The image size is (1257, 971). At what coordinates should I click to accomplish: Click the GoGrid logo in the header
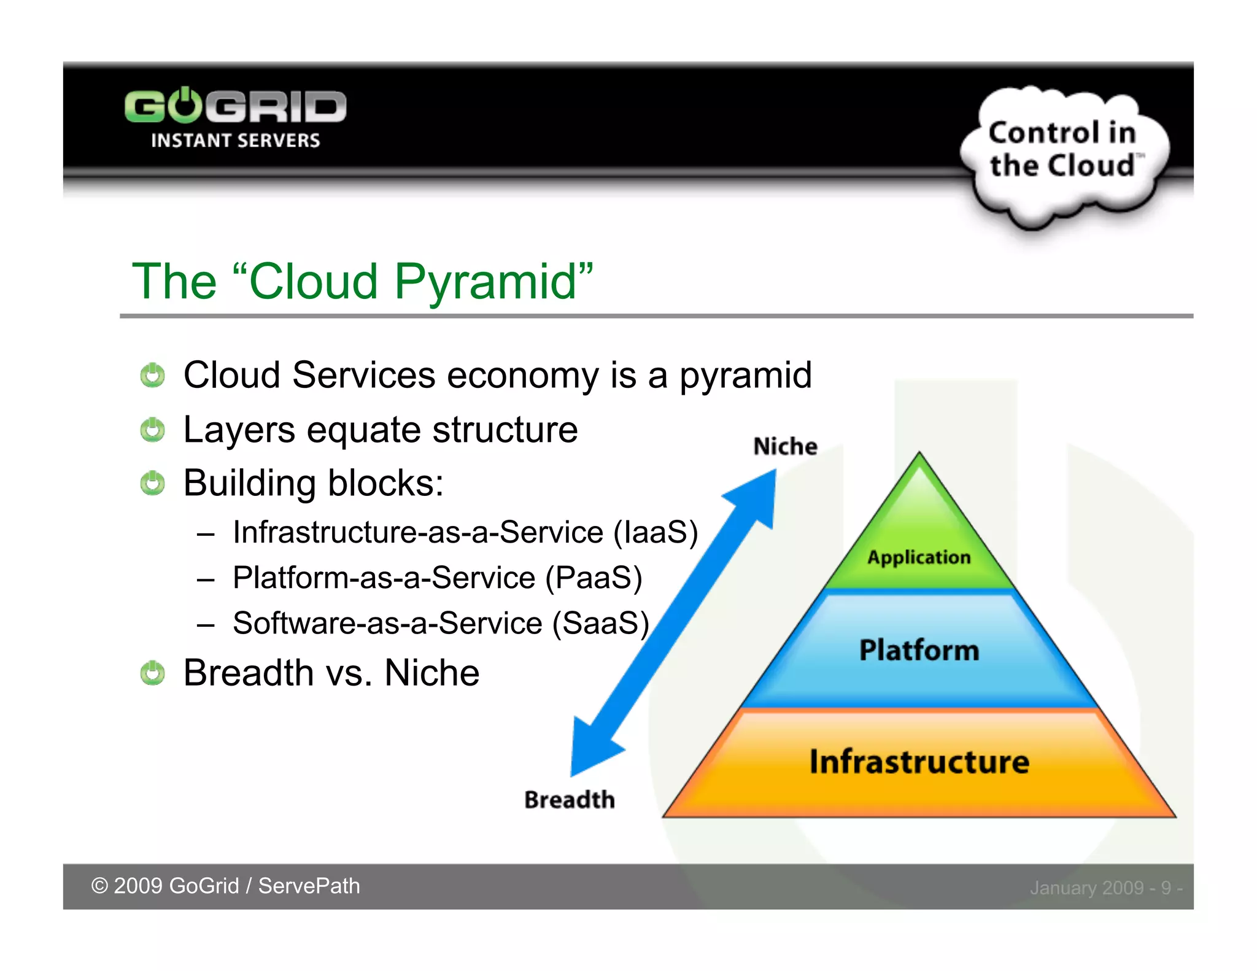(235, 107)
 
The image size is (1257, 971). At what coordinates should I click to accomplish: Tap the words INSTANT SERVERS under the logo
(235, 141)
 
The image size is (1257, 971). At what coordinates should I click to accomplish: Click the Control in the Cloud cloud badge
(1064, 150)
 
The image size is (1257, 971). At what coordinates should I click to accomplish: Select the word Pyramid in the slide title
(485, 281)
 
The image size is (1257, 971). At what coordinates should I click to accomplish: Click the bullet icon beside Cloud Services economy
(152, 375)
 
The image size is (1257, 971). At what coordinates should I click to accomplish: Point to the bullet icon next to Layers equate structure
(152, 430)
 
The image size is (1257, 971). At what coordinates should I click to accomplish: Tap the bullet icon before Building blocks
(152, 483)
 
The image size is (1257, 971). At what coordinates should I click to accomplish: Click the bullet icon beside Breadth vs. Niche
(152, 673)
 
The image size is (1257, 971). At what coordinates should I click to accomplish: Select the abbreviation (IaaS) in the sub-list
(656, 532)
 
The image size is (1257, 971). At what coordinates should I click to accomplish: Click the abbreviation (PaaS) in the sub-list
(594, 578)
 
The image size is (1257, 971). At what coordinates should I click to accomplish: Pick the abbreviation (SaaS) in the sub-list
(600, 623)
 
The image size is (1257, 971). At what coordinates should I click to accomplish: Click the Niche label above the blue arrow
(785, 446)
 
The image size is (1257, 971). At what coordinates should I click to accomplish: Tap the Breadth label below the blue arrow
(569, 800)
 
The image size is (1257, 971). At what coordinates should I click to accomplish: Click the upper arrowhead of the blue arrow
(757, 495)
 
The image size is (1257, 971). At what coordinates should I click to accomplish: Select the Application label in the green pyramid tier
(919, 557)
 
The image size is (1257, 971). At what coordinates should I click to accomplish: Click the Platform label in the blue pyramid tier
(919, 650)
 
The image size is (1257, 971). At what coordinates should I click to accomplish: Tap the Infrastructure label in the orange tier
(919, 762)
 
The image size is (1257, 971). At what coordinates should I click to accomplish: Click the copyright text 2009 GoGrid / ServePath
(226, 886)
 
